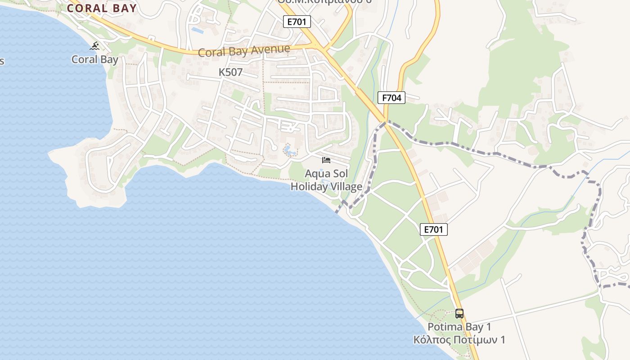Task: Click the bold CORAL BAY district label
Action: pyautogui.click(x=102, y=8)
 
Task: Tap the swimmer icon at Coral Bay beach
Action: pyautogui.click(x=94, y=46)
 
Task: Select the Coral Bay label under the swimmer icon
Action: pyautogui.click(x=95, y=59)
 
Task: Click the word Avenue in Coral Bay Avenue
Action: pyautogui.click(x=270, y=49)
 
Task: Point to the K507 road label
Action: pyautogui.click(x=230, y=72)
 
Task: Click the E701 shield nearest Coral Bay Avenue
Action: pyautogui.click(x=297, y=21)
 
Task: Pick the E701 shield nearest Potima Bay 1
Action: pyautogui.click(x=434, y=229)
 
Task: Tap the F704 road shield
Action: pyautogui.click(x=391, y=98)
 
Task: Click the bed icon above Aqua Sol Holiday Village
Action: pyautogui.click(x=326, y=160)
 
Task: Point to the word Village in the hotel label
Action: pyautogui.click(x=347, y=186)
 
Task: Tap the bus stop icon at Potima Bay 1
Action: pyautogui.click(x=459, y=314)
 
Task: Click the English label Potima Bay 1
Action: pyautogui.click(x=459, y=327)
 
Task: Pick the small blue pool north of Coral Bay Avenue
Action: pyautogui.click(x=197, y=30)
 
